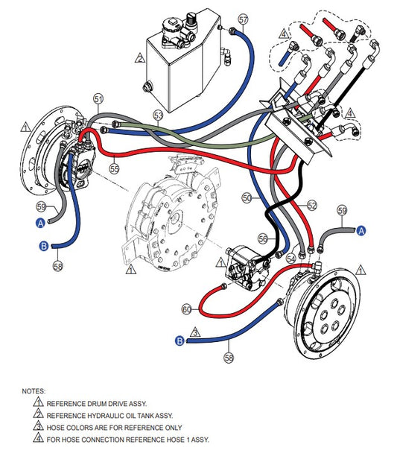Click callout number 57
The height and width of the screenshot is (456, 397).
coord(243,19)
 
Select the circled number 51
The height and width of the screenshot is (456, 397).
coord(98,99)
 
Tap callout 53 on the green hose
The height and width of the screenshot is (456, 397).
coord(159,115)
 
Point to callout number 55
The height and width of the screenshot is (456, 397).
coord(115,168)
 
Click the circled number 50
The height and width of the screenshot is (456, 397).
coord(247,197)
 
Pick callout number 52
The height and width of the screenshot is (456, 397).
coord(312,206)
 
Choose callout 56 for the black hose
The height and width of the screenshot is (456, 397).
coord(263,238)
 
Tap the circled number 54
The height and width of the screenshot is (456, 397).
coord(291,259)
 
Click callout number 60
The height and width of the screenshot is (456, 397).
coord(187,309)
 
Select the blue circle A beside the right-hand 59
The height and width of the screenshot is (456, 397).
coord(361,231)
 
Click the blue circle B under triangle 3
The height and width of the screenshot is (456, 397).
coord(180,341)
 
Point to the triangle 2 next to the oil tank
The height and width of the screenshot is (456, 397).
coord(140,58)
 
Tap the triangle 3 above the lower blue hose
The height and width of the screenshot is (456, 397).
coord(195,332)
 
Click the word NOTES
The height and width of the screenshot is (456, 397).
coord(34,391)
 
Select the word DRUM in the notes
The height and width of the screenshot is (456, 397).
coord(98,404)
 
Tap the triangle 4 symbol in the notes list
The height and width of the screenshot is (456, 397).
coord(39,438)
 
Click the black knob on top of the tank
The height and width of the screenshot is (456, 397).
coord(191,19)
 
